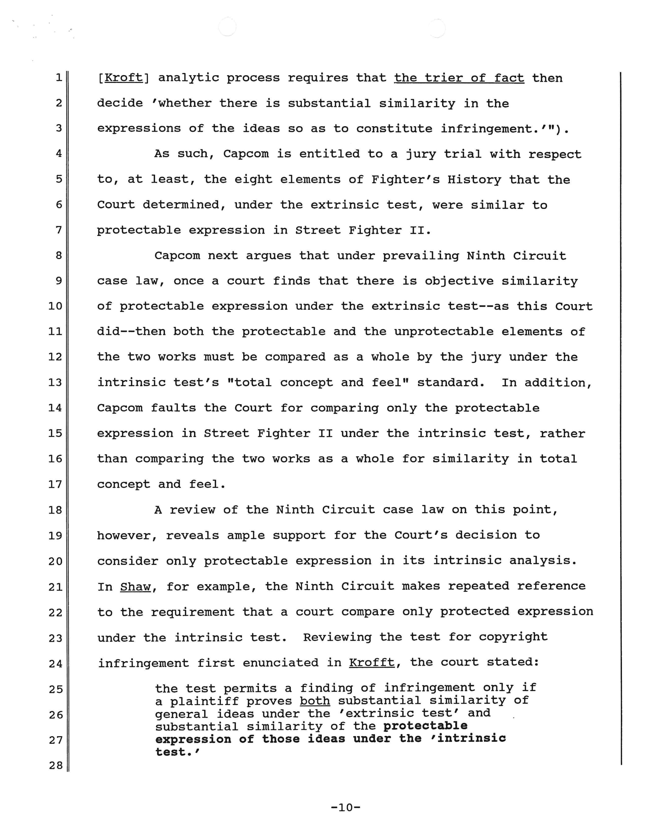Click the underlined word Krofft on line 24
point(371,663)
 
